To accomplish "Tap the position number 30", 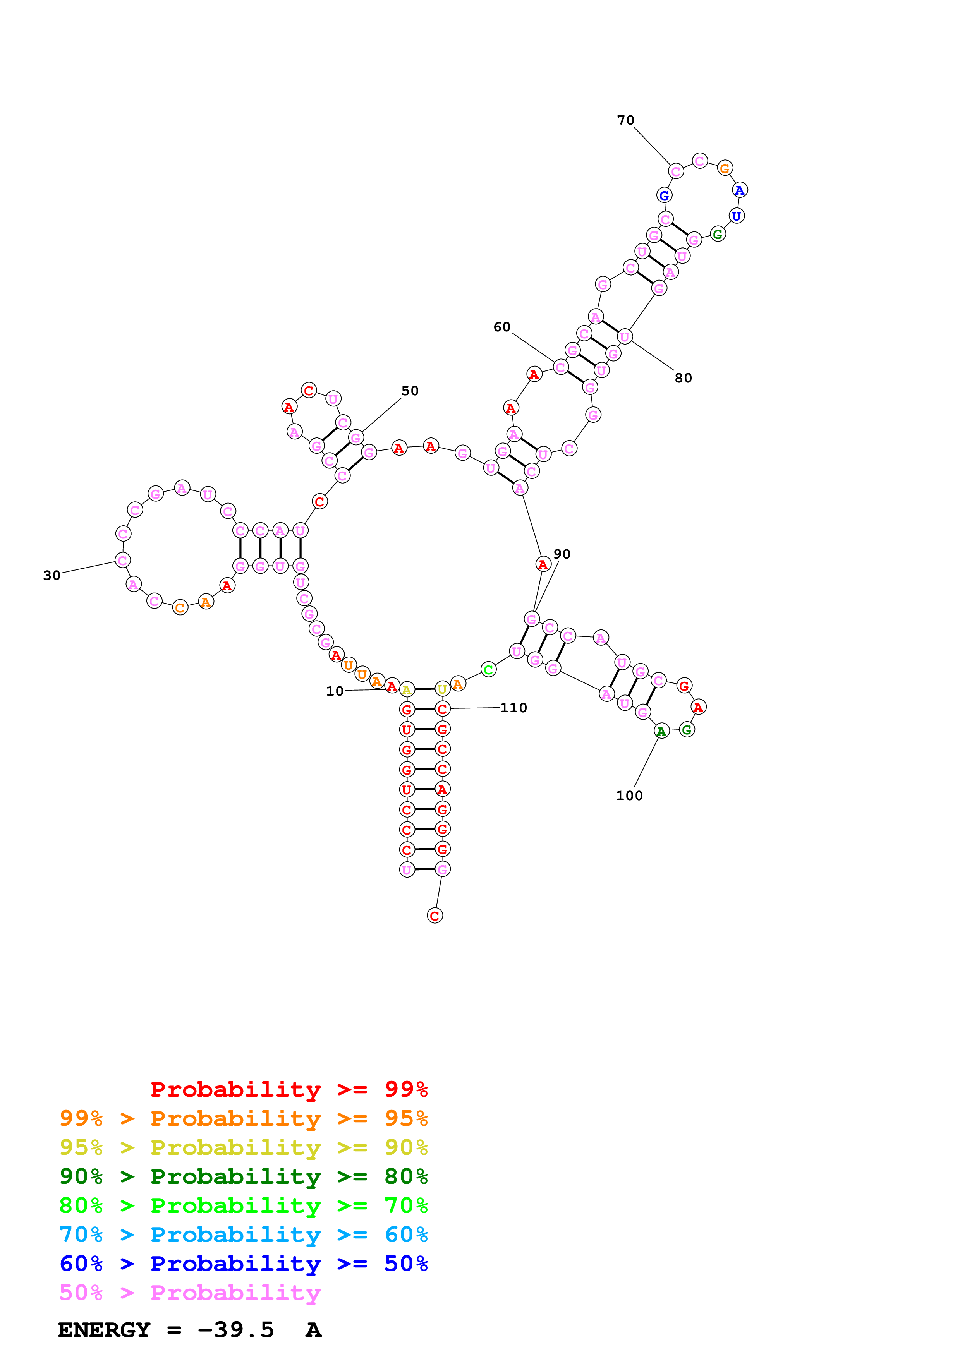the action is click(x=52, y=576).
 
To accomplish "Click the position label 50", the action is click(x=410, y=391).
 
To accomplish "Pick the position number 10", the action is click(x=335, y=691).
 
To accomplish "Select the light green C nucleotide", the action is click(x=488, y=670).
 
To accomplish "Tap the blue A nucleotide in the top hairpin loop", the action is click(x=739, y=190).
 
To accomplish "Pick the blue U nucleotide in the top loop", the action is click(x=737, y=216).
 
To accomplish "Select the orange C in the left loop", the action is click(x=180, y=607).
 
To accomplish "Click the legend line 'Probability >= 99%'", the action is click(x=289, y=1089).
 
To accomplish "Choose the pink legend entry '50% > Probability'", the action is click(x=190, y=1293).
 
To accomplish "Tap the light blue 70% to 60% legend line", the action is click(x=243, y=1235).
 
